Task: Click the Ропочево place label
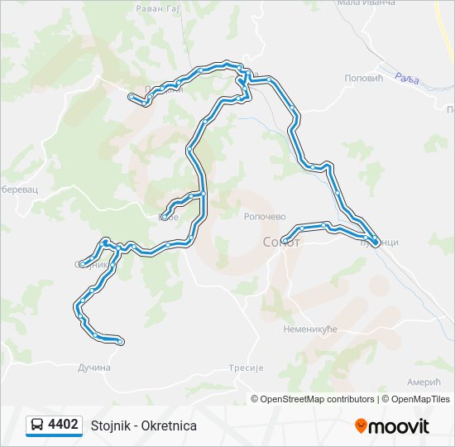[x=265, y=217]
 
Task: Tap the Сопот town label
[x=280, y=243]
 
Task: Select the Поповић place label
[x=362, y=78]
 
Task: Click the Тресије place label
[x=245, y=368]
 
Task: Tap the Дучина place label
[x=93, y=368]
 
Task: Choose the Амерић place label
[x=424, y=382]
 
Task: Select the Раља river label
[x=407, y=79]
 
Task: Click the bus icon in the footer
[x=36, y=425]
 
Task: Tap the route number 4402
[x=64, y=425]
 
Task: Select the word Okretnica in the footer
[x=169, y=425]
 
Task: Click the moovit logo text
[x=399, y=426]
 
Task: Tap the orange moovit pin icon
[x=361, y=426]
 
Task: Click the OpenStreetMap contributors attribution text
[x=317, y=399]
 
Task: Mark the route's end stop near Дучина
[x=121, y=341]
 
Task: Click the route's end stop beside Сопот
[x=285, y=241]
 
